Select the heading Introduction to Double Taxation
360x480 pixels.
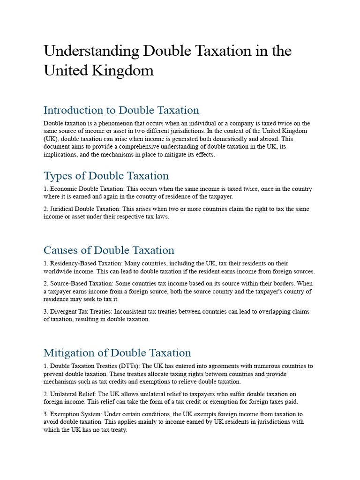click(x=121, y=110)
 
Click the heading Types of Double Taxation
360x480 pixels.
click(x=106, y=176)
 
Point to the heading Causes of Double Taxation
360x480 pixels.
click(x=109, y=250)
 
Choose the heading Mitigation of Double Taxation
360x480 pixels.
click(x=117, y=352)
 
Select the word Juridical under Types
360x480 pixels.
click(x=62, y=209)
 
